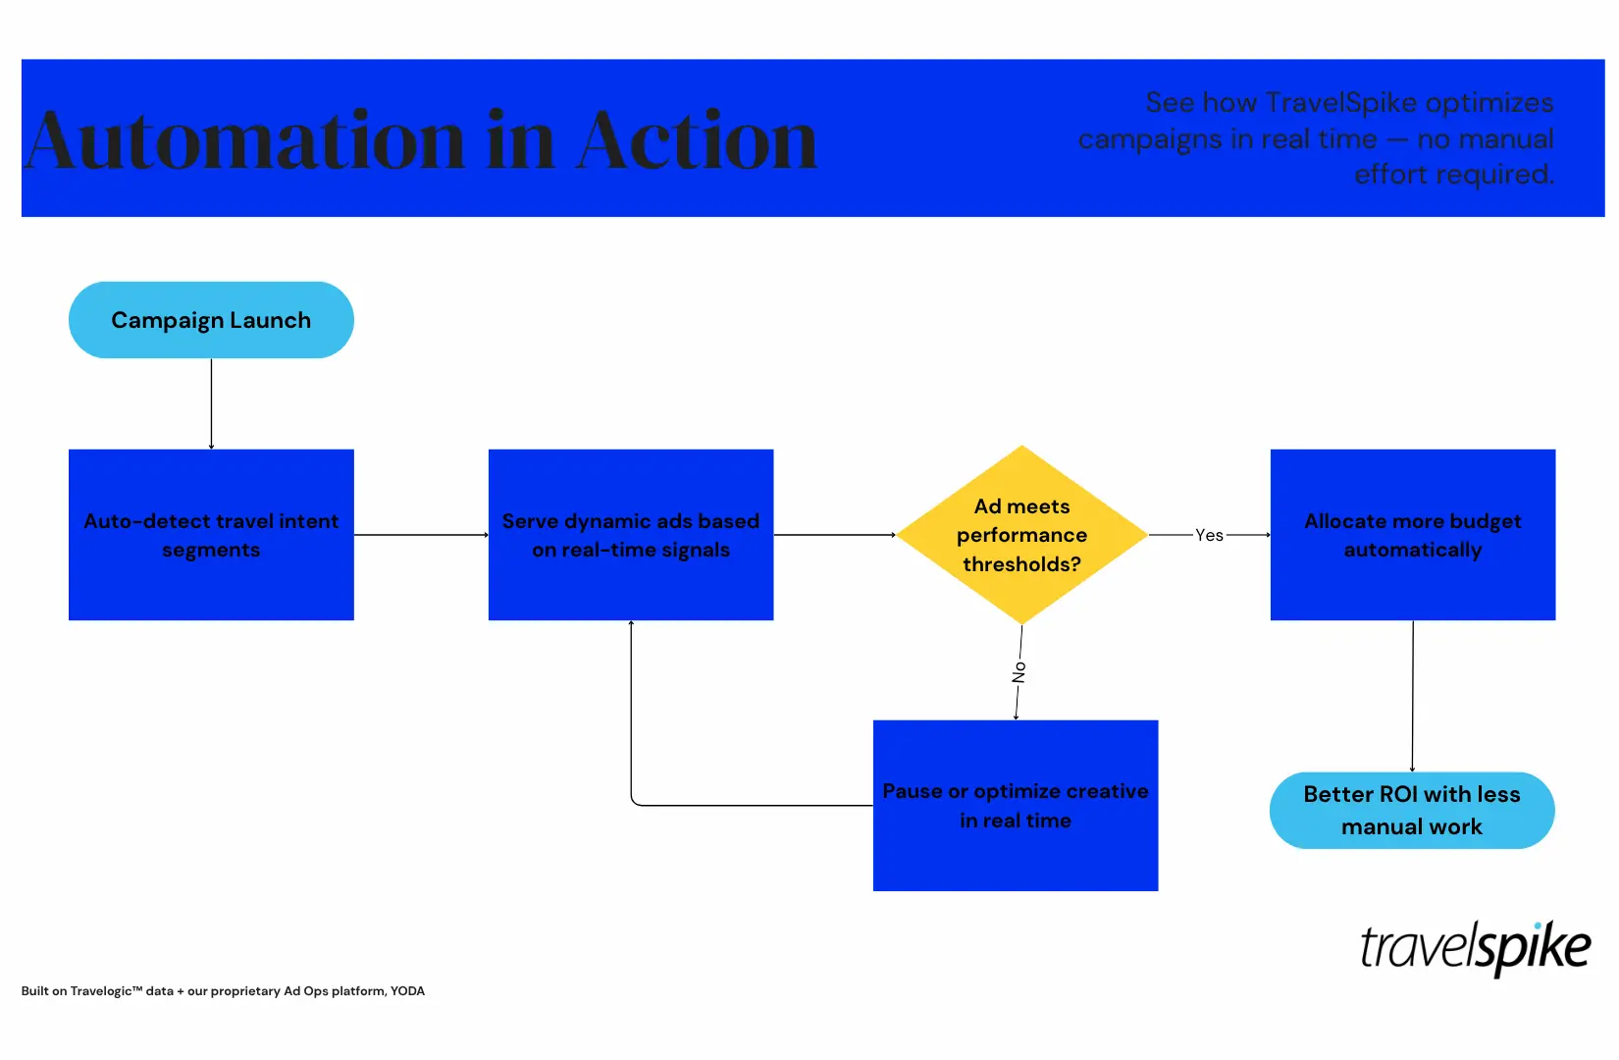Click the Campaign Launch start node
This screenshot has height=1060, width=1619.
point(211,320)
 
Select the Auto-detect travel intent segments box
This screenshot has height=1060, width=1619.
point(211,535)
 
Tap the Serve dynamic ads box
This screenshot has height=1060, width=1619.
point(631,535)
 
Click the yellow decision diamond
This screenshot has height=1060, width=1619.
point(1021,535)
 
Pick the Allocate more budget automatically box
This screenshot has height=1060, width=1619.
point(1413,535)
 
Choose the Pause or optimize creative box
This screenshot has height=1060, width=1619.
point(1016,806)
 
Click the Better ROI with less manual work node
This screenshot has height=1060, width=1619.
point(1412,811)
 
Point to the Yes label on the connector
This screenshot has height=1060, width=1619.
point(1209,535)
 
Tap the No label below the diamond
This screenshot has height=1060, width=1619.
point(1018,672)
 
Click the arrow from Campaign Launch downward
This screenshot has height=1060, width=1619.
point(211,403)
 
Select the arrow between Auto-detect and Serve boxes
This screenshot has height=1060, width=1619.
point(421,535)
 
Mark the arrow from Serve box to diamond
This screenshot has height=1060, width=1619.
point(834,535)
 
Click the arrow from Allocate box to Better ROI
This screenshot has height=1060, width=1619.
point(1413,696)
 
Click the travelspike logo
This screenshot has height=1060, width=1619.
point(1475,948)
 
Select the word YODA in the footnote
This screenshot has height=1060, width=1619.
point(407,991)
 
